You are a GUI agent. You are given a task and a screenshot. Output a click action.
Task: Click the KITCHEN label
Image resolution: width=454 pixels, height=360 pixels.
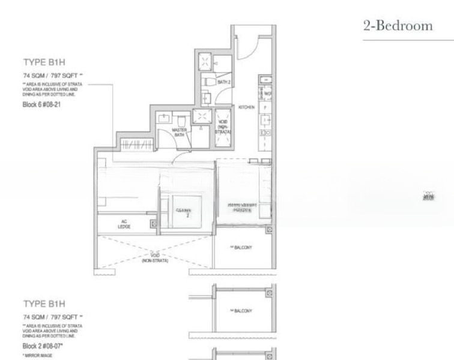tap(246, 107)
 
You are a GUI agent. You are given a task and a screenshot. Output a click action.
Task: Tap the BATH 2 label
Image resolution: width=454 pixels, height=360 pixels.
tap(216, 80)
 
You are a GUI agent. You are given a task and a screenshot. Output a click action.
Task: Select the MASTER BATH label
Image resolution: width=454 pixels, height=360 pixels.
tap(179, 132)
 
